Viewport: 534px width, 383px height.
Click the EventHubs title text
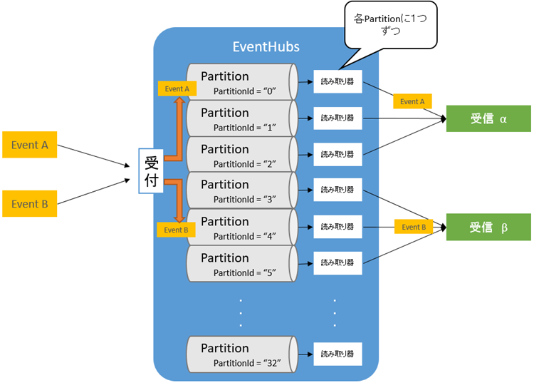[x=266, y=47]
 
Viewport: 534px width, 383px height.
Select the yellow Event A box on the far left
[x=29, y=145]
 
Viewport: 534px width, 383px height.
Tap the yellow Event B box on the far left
[x=29, y=204]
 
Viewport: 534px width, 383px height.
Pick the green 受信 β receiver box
[x=488, y=228]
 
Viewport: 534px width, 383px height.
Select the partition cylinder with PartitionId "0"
[x=242, y=82]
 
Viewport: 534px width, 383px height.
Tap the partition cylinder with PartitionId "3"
[x=242, y=190]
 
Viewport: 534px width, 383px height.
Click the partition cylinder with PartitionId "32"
[x=242, y=354]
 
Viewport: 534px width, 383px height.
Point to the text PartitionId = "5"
[x=244, y=272]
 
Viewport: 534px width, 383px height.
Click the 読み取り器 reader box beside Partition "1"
[x=337, y=118]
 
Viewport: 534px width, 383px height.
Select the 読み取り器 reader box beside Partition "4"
[x=337, y=227]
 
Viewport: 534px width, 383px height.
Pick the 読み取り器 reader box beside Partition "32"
[x=337, y=354]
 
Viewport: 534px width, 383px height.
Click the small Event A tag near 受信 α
[x=412, y=102]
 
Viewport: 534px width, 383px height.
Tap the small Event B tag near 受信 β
[x=412, y=228]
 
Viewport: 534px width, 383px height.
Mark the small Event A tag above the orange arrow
[x=177, y=89]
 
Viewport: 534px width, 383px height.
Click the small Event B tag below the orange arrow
[x=175, y=230]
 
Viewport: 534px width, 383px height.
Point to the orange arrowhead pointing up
[x=179, y=101]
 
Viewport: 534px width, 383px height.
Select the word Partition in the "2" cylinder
[x=225, y=149]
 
